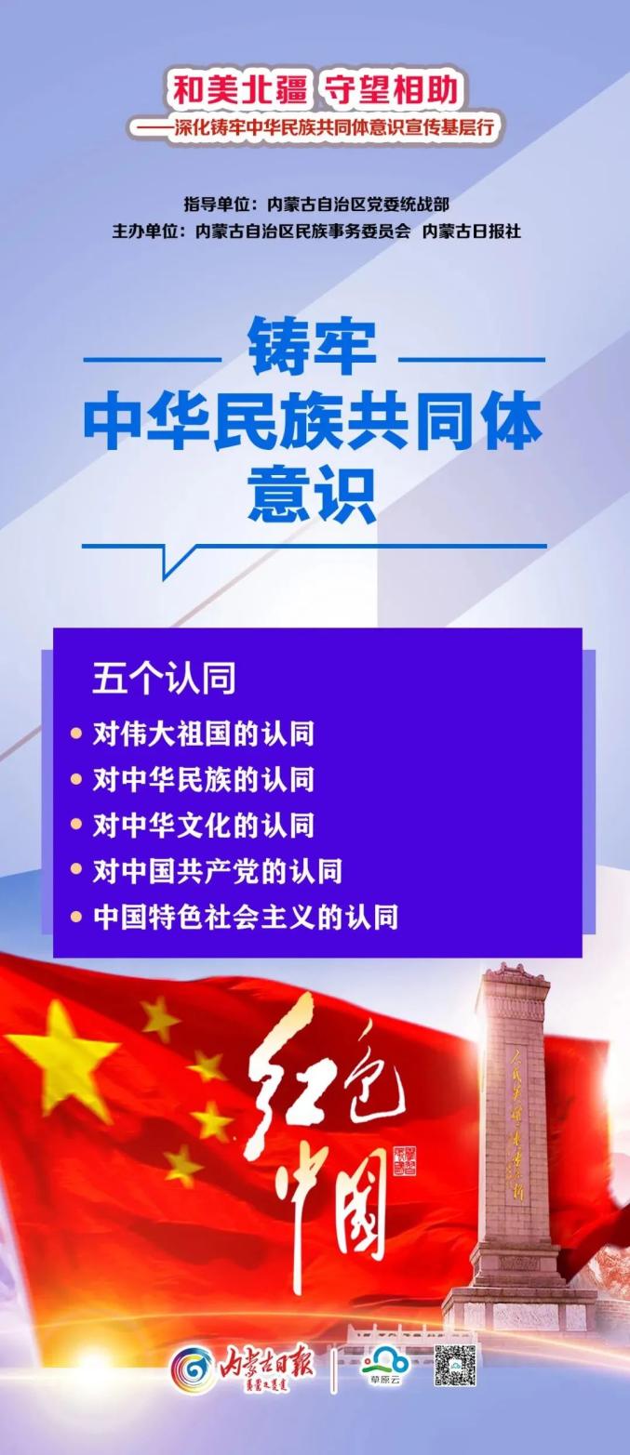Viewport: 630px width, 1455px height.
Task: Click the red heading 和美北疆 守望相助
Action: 315,91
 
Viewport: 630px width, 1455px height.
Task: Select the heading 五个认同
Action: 164,678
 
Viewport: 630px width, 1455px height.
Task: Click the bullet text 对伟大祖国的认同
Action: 204,734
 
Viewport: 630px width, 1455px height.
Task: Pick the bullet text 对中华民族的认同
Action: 204,779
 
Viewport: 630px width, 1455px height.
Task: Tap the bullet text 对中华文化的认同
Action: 204,825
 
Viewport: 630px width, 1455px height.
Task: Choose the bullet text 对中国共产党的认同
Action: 218,871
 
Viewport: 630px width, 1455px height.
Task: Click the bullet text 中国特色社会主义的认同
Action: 246,917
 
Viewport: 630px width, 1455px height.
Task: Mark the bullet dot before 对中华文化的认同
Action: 76,825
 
